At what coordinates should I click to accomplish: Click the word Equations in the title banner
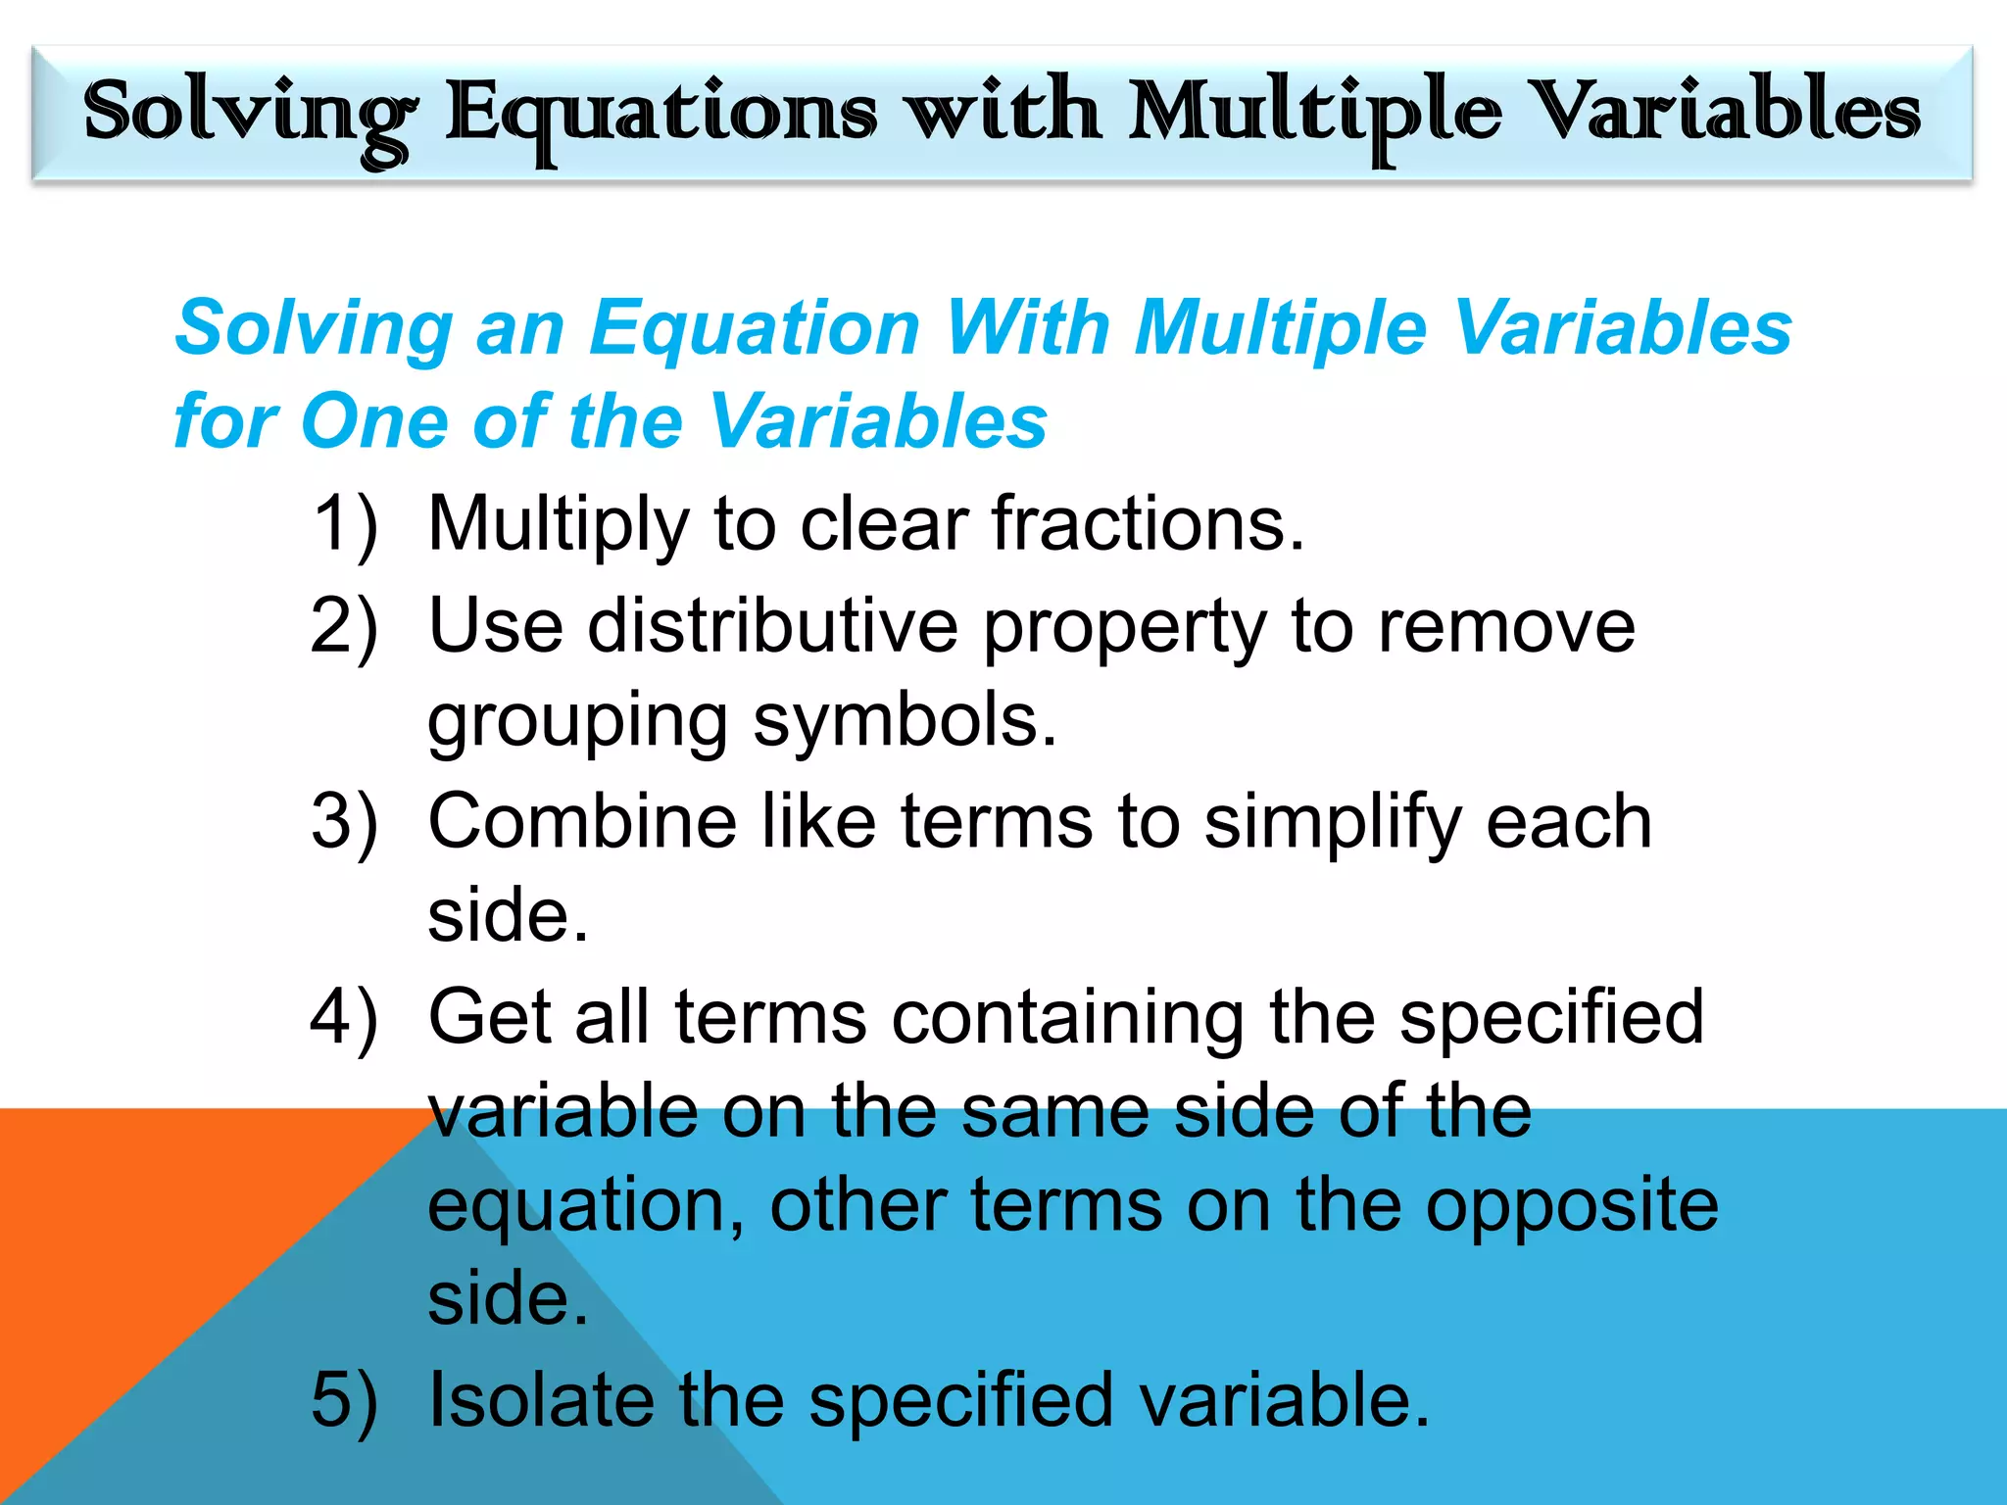click(x=661, y=114)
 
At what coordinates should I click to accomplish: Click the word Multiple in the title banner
click(x=1313, y=114)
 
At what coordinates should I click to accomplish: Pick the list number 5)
click(x=344, y=1399)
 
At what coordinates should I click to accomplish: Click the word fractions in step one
click(x=1147, y=524)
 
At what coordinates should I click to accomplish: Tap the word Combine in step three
click(x=582, y=821)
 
